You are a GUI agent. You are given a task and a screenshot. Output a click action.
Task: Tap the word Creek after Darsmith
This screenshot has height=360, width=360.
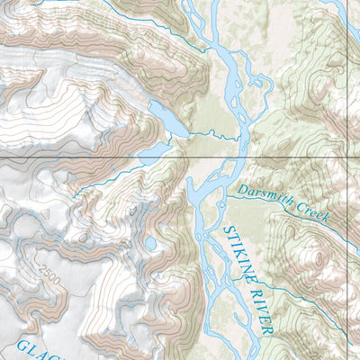click(x=313, y=212)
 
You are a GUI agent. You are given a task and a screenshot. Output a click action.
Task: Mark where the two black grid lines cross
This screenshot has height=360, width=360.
click(x=347, y=158)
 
